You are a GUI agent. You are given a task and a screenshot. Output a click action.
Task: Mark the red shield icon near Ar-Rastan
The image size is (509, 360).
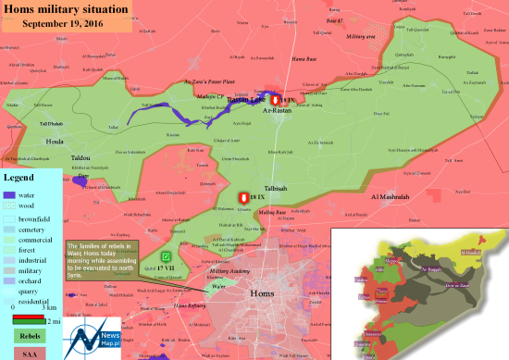point(275,100)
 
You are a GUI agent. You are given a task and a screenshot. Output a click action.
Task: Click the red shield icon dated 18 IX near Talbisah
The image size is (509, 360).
point(243,198)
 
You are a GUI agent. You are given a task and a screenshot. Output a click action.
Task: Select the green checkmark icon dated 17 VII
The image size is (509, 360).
point(166,255)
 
